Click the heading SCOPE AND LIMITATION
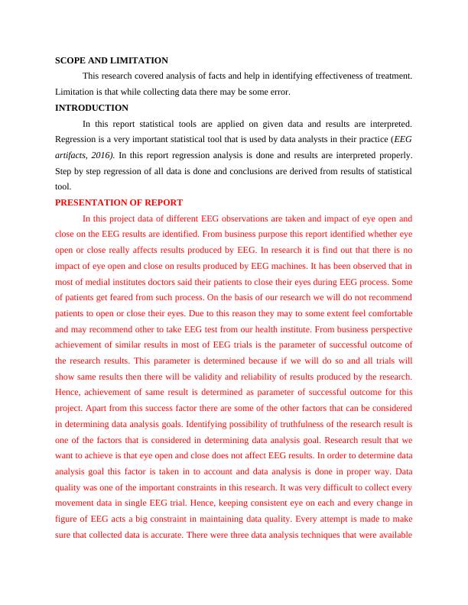coord(112,60)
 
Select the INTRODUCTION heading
coord(92,108)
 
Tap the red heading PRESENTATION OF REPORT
coord(119,202)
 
